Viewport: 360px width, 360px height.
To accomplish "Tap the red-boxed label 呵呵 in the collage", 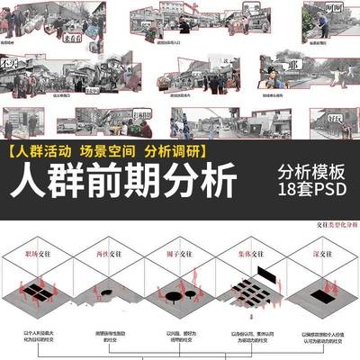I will coord(334,8).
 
